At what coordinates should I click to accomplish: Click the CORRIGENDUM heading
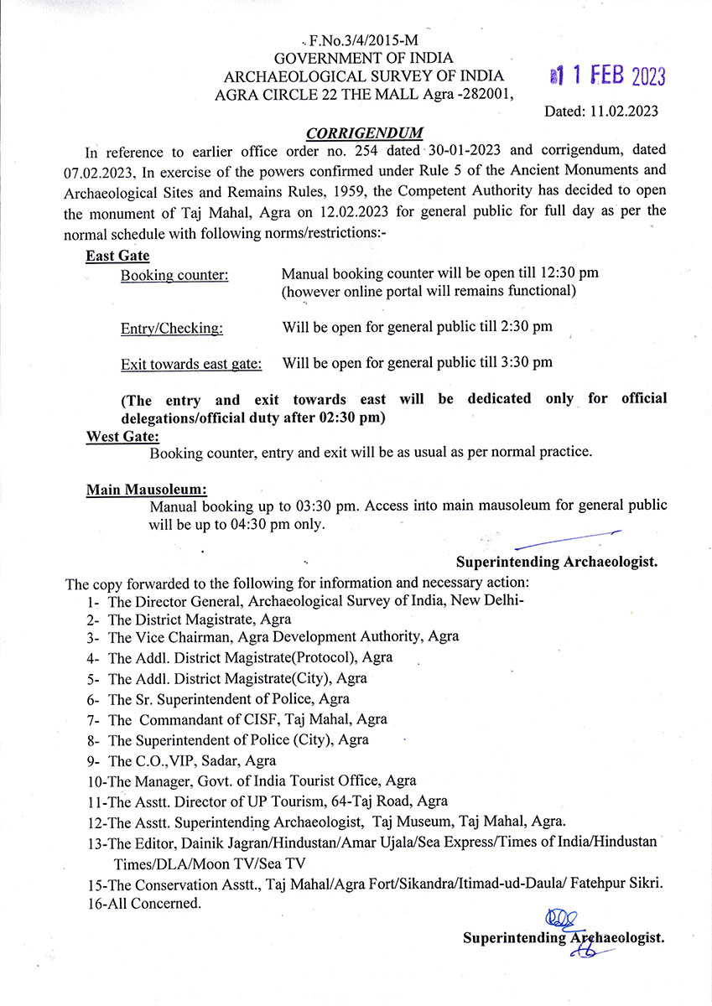[x=364, y=133]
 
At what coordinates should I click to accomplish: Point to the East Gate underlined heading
[x=117, y=256]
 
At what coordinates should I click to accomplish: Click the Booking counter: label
[x=174, y=275]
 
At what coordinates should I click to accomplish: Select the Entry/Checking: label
[x=172, y=329]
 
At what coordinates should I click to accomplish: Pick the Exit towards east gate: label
[x=191, y=364]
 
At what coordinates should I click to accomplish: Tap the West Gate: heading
[x=122, y=436]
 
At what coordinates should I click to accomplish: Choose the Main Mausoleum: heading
[x=146, y=490]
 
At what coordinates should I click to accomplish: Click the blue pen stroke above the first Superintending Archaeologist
[x=571, y=539]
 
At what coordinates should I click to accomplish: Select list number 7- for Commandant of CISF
[x=93, y=719]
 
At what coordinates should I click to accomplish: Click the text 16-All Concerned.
[x=143, y=904]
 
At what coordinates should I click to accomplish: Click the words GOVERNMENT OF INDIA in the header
[x=363, y=59]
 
